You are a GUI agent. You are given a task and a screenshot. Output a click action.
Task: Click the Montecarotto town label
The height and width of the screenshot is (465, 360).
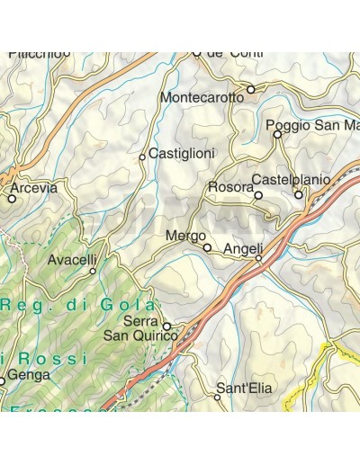(202, 97)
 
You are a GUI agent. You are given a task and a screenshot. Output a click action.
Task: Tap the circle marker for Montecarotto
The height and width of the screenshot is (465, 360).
(251, 89)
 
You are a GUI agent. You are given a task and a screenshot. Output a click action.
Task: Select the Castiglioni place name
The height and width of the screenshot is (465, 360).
(182, 154)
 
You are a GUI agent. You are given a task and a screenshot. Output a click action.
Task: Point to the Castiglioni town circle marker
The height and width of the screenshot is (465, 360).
(142, 157)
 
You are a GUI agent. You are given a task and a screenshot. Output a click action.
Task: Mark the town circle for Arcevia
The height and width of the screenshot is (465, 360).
(12, 199)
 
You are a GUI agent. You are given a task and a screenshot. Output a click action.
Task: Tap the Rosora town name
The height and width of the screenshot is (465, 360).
(229, 186)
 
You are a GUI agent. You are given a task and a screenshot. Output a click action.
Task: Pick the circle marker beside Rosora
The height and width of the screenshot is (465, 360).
(258, 195)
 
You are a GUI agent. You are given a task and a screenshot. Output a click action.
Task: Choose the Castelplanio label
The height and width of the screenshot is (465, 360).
(290, 179)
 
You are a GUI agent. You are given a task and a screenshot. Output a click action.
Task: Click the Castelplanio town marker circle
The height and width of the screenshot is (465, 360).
(299, 194)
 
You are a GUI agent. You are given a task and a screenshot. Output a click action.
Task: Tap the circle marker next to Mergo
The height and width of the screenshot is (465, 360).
(207, 247)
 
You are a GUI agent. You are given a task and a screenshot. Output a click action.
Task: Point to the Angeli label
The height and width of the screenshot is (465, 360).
(243, 248)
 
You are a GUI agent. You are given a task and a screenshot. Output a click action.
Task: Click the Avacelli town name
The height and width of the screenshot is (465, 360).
(72, 260)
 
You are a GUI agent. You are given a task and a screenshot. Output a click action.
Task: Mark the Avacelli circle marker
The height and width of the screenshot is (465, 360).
(93, 270)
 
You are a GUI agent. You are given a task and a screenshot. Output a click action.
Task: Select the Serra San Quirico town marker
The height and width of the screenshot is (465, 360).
(166, 326)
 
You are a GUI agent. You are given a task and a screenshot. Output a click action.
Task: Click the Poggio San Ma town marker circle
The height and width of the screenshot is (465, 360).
(277, 135)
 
